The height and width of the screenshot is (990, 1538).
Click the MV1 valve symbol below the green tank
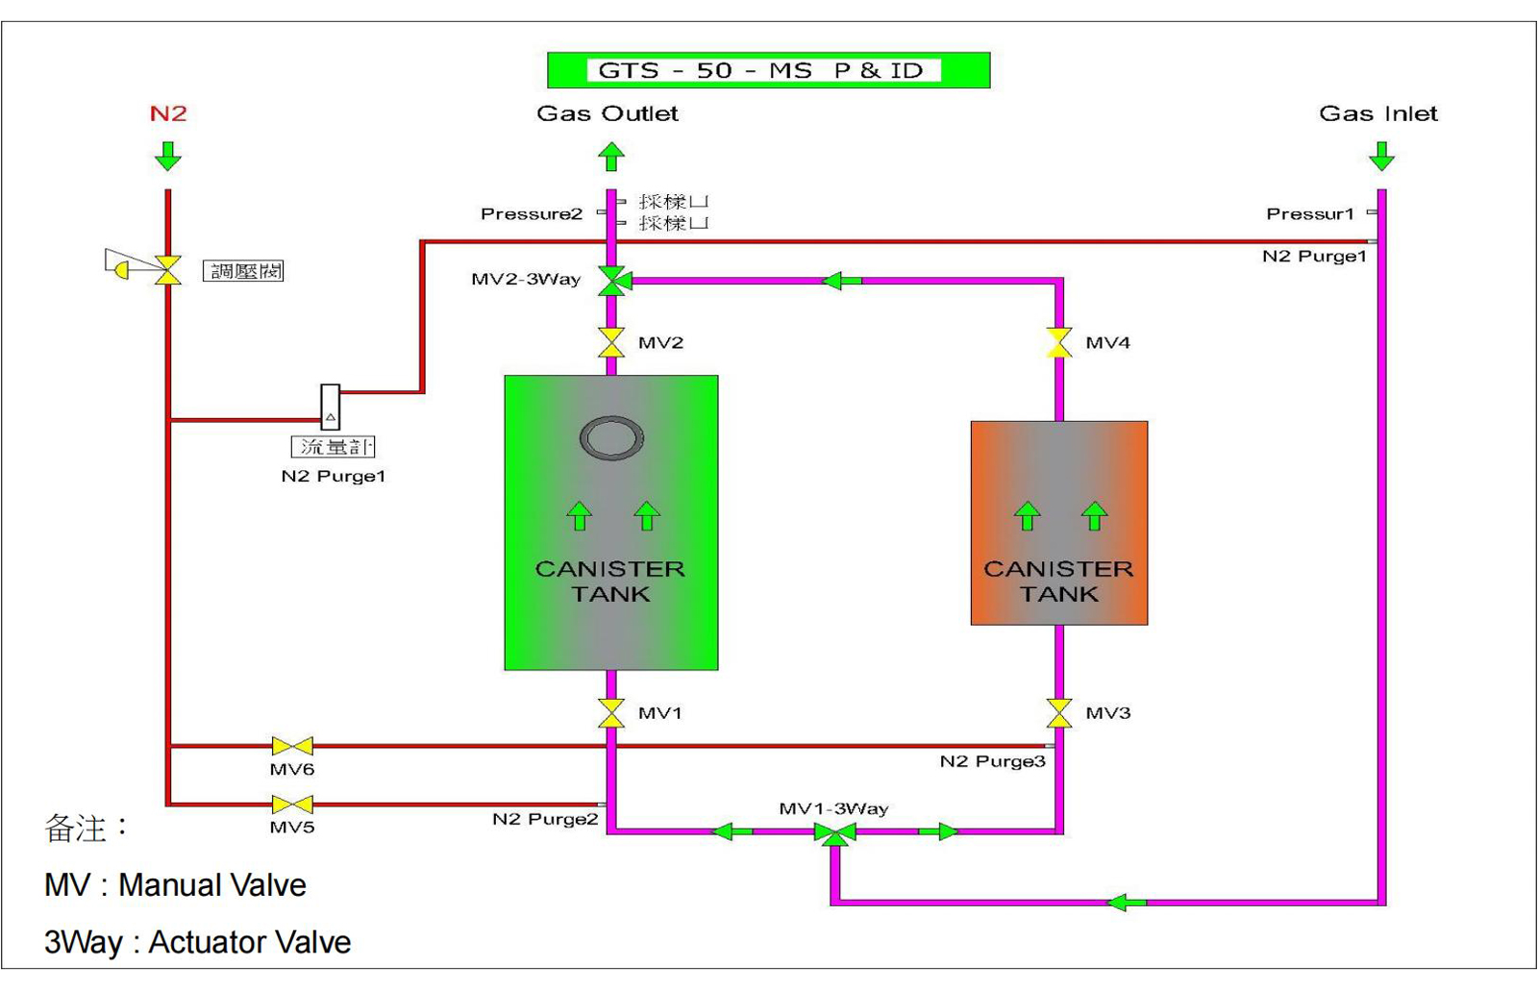point(610,713)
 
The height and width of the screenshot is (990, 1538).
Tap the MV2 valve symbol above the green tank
point(610,342)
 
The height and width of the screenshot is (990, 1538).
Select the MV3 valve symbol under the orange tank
point(1058,713)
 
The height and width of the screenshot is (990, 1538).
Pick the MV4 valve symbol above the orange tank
point(1058,342)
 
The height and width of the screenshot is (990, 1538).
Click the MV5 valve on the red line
point(292,804)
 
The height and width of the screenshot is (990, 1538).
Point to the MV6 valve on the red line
point(292,746)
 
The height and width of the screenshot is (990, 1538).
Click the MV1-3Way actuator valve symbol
point(834,832)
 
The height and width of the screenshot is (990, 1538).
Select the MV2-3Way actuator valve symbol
point(611,281)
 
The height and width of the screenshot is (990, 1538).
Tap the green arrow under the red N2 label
point(168,156)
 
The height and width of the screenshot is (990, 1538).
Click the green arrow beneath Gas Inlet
point(1381,156)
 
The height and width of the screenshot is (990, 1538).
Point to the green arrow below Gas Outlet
point(611,156)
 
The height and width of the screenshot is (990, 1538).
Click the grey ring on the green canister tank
point(611,438)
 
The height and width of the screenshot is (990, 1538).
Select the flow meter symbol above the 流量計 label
point(330,407)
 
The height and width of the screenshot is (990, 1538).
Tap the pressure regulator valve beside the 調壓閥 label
point(168,270)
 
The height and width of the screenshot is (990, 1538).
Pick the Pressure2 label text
point(532,213)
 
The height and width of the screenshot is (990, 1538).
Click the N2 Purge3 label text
point(992,761)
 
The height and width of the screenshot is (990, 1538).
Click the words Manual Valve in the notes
point(211,884)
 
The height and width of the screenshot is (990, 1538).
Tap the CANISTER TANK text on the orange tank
point(1058,582)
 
